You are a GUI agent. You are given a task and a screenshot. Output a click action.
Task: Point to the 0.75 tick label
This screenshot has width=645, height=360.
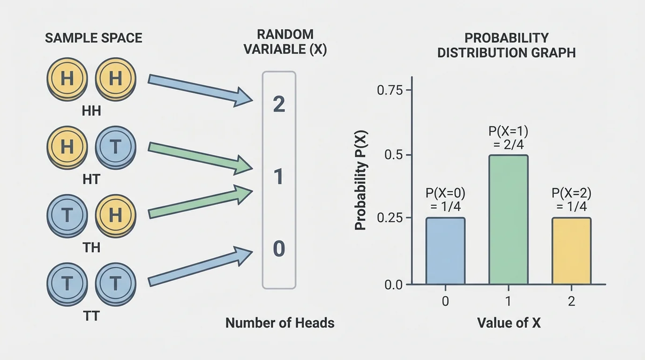click(x=390, y=90)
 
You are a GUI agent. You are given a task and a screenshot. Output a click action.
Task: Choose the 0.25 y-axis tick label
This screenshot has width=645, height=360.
click(x=390, y=218)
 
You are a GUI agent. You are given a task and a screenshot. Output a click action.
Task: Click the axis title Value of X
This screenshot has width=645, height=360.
click(x=509, y=323)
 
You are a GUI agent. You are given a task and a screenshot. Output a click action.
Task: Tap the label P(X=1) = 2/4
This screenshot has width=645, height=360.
click(x=509, y=137)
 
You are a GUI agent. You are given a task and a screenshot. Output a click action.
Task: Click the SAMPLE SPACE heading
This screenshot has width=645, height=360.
click(x=94, y=38)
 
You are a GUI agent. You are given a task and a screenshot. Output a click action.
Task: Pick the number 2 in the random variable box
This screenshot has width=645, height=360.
click(x=279, y=105)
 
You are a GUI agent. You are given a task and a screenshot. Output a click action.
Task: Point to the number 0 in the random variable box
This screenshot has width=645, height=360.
click(x=279, y=249)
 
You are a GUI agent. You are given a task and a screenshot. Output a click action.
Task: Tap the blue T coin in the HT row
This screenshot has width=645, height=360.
click(x=115, y=147)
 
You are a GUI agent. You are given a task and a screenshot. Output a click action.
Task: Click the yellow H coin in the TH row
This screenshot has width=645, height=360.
click(x=115, y=215)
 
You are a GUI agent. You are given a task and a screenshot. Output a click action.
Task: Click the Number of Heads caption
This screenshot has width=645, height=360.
click(x=280, y=323)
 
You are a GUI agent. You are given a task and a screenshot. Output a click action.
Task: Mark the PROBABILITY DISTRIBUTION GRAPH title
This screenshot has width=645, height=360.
click(x=506, y=45)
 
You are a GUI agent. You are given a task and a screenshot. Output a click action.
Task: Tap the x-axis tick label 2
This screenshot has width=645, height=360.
click(x=571, y=301)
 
